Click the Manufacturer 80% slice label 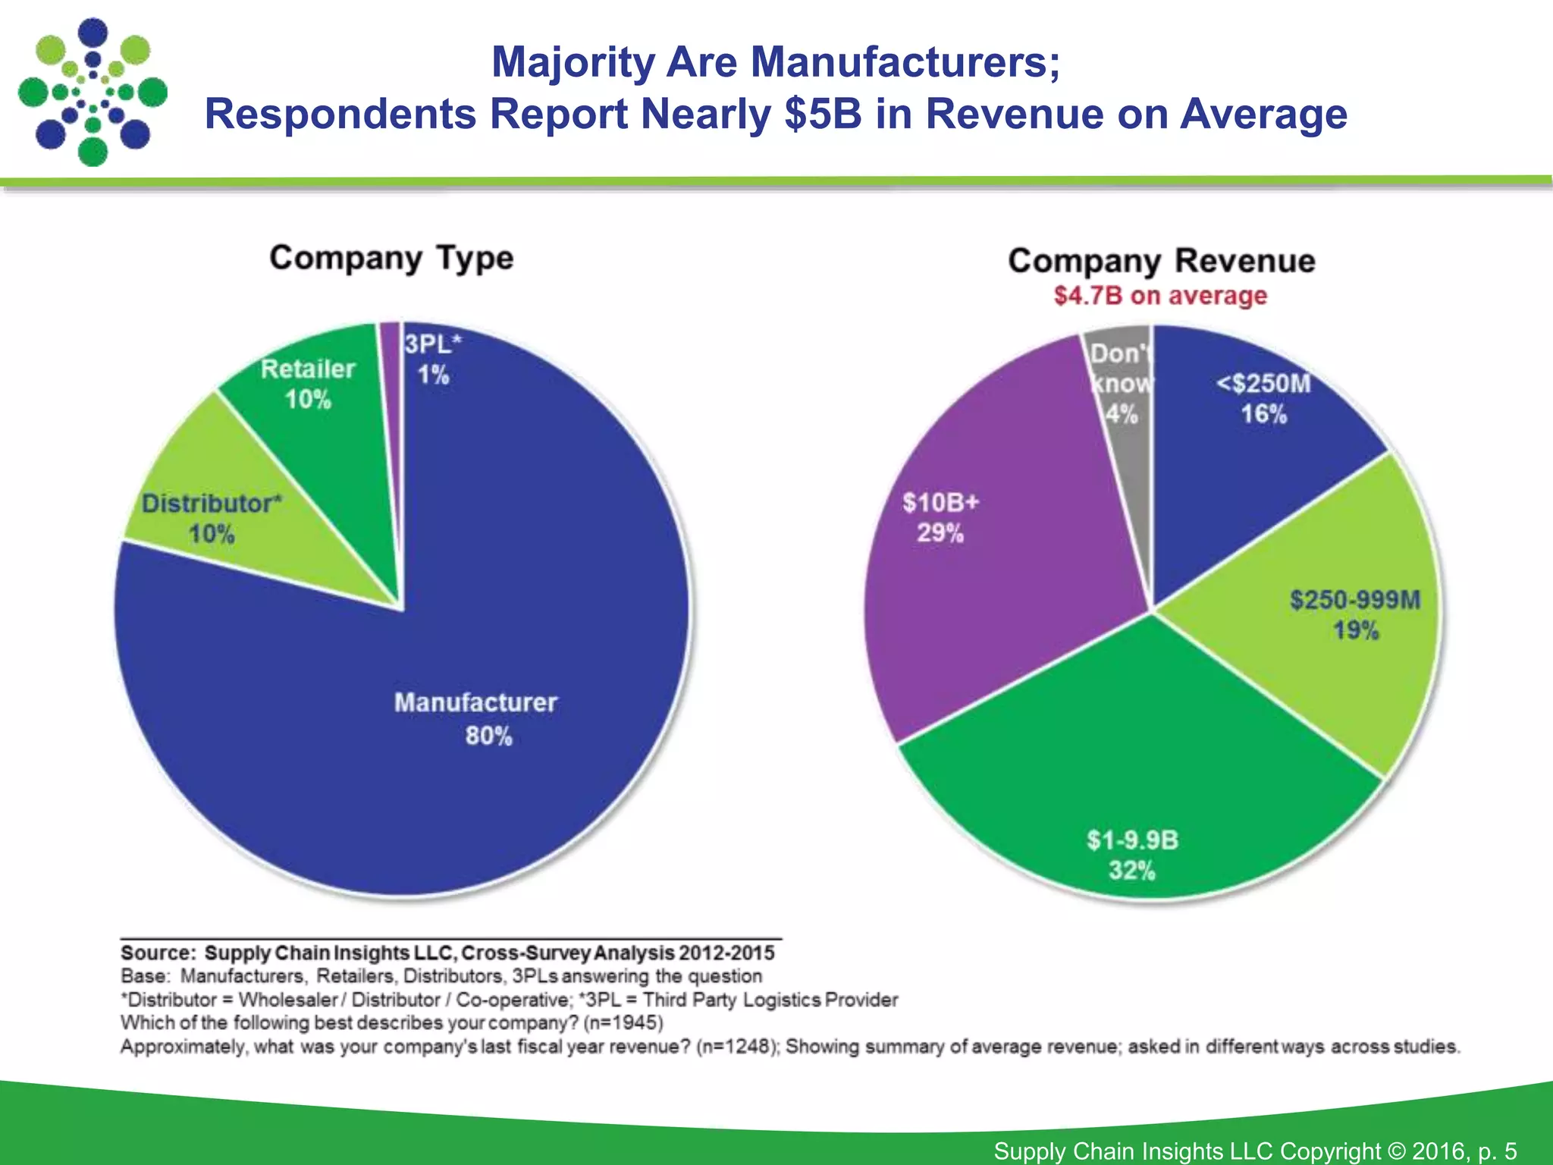476,718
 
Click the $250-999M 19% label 1355,614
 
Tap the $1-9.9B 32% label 1132,854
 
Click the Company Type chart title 391,258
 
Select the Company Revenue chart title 1161,261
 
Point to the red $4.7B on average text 1160,295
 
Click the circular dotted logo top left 93,92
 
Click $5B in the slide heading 822,114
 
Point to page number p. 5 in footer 1497,1151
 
